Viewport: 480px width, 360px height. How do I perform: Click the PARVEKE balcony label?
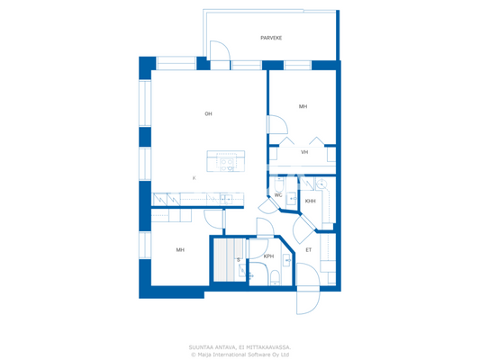coord(270,38)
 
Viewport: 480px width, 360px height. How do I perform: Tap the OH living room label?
coord(208,113)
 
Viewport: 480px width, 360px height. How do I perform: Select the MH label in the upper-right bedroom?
coord(303,106)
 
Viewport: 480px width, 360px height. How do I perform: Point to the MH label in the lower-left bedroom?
coord(180,249)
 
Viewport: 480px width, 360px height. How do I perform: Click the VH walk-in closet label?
coord(304,152)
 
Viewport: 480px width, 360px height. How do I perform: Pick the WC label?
coord(278,194)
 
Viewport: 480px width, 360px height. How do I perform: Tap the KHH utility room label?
coord(310,201)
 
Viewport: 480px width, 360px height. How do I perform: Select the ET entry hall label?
coord(308,249)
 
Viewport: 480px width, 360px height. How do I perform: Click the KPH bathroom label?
coord(268,256)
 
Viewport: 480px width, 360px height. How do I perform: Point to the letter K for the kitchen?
coord(194,178)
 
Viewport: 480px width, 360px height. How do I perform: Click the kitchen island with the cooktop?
coord(225,161)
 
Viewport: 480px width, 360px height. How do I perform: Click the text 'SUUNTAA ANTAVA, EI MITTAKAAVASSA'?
coord(240,346)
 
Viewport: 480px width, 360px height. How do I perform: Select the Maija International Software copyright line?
coord(240,354)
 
